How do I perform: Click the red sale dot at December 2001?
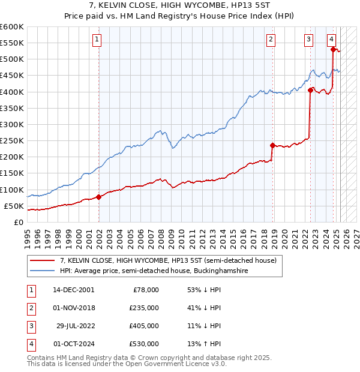(x=99, y=197)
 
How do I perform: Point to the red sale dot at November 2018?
(x=272, y=145)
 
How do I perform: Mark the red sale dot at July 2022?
(x=311, y=90)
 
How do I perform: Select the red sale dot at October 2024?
(x=333, y=49)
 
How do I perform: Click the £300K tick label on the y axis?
(x=11, y=124)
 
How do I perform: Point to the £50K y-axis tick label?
(x=14, y=206)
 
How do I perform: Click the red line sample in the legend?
(x=43, y=260)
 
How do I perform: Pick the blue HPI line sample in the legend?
(x=43, y=271)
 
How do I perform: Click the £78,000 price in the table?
(x=146, y=290)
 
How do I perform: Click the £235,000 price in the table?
(x=144, y=308)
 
